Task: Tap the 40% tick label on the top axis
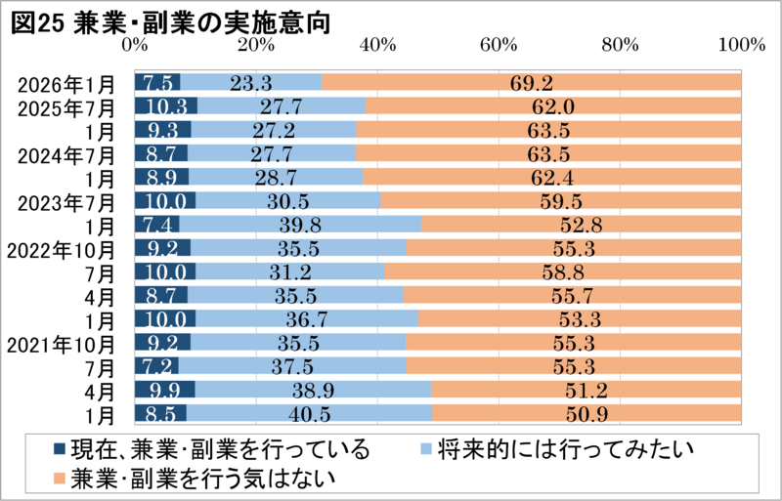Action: coord(377,45)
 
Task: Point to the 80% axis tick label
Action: coord(620,45)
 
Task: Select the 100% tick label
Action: coord(740,45)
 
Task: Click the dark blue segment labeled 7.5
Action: coord(157,83)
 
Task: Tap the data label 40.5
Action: coord(308,413)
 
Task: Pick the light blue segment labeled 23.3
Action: coord(251,83)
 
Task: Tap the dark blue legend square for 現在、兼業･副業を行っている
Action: coord(58,450)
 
